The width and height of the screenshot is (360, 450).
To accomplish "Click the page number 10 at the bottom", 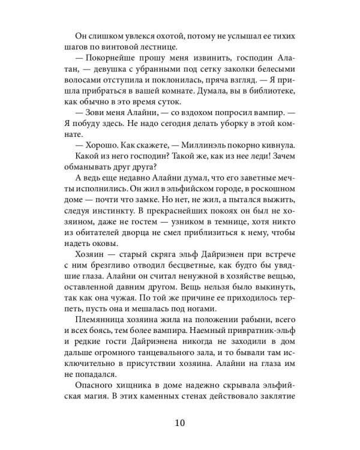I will tap(181, 422).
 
